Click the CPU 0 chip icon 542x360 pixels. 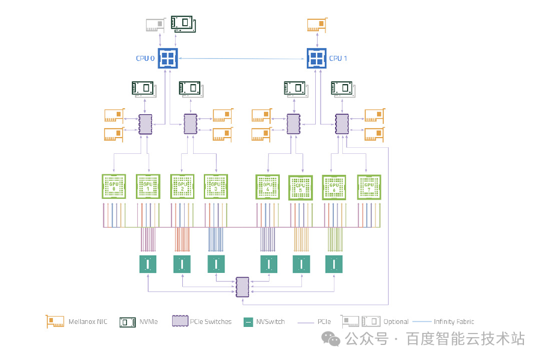click(167, 58)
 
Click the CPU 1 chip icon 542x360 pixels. click(316, 58)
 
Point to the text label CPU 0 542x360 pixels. click(145, 58)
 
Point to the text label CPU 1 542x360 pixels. click(337, 58)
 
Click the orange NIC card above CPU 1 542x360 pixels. click(317, 25)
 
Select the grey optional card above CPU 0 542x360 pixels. click(156, 25)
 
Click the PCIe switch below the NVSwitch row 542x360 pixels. click(242, 287)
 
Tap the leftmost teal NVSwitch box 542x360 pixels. click(147, 264)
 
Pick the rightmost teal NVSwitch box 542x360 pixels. click(334, 264)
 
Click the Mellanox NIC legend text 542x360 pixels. click(88, 322)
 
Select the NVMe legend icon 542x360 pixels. click(128, 322)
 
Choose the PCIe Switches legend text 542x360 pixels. click(211, 322)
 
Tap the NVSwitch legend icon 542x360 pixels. click(248, 322)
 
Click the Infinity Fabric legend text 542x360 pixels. click(454, 322)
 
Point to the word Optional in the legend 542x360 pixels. click(396, 322)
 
